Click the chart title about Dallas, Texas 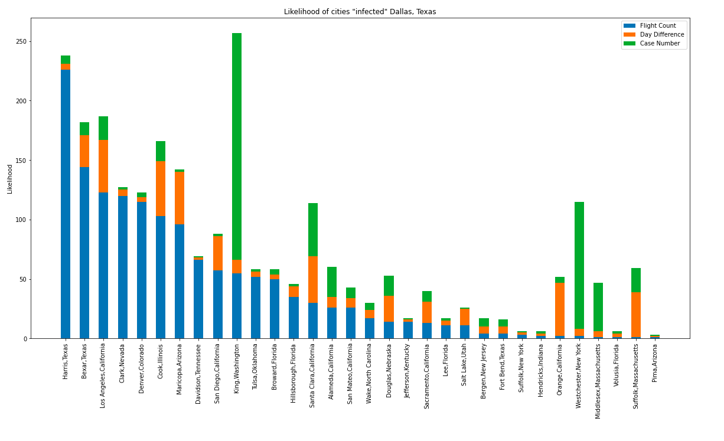[360, 12]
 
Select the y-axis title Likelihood [10, 179]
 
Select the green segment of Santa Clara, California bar [313, 230]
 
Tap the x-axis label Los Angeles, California [103, 375]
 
